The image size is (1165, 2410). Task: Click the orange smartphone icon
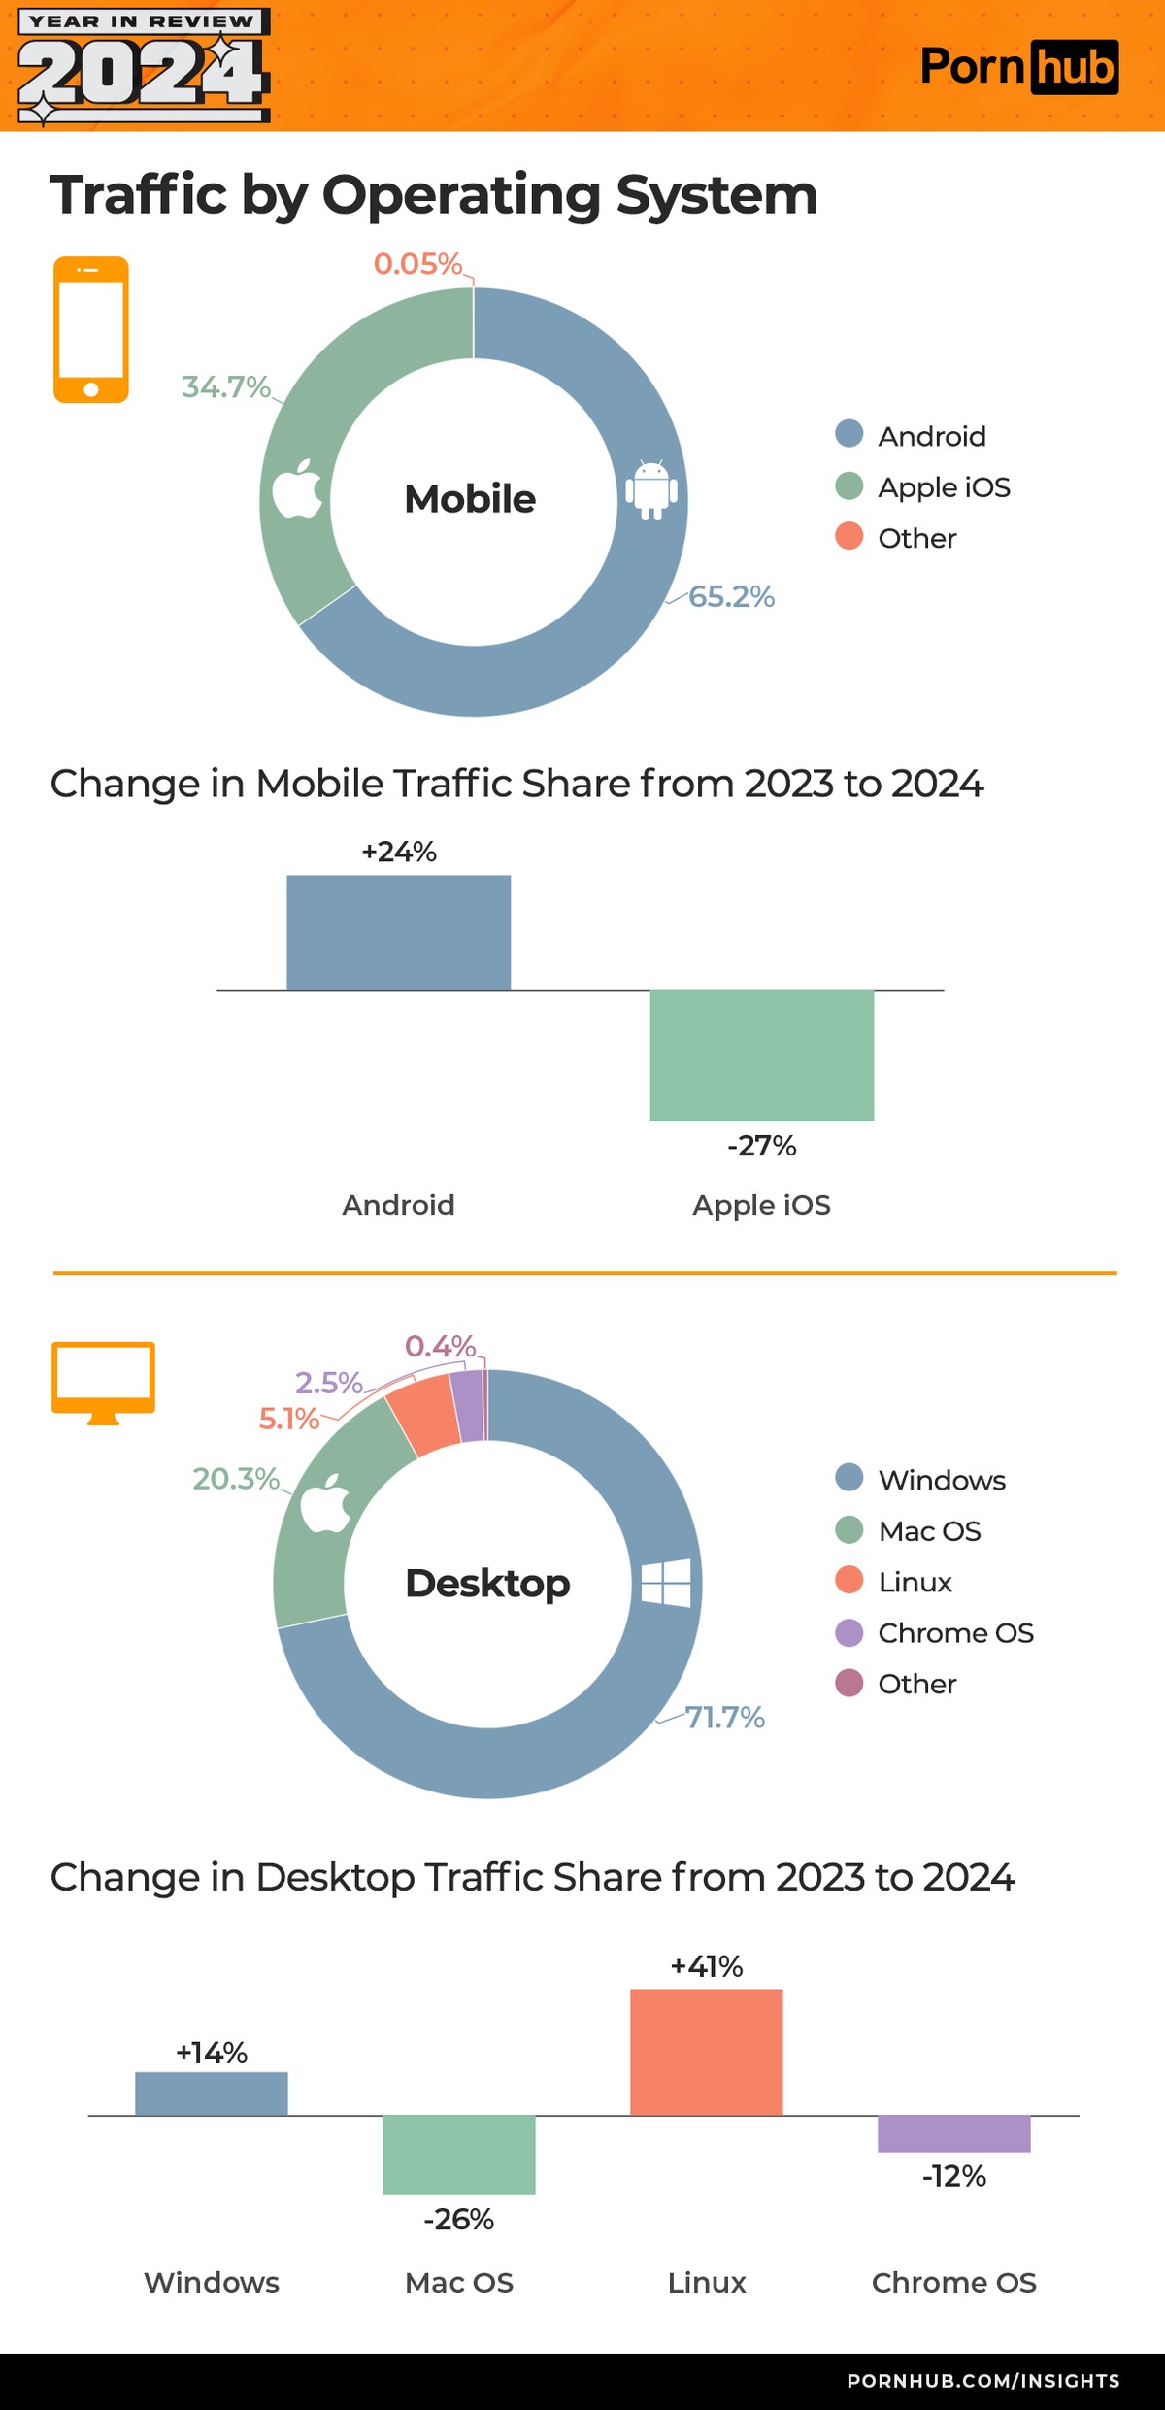(x=90, y=329)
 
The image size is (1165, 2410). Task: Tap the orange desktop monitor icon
(x=103, y=1381)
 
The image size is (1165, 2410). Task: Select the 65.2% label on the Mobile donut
(x=730, y=596)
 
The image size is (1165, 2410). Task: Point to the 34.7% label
(x=226, y=386)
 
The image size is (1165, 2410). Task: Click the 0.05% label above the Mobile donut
(x=417, y=264)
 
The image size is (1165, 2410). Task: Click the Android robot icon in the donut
(x=650, y=490)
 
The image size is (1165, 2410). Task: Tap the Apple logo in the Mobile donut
(x=297, y=490)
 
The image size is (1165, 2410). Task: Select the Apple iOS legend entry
(x=922, y=486)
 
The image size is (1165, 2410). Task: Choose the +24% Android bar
(x=398, y=932)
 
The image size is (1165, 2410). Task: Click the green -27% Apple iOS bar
(x=761, y=1054)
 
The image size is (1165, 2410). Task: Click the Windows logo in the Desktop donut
(x=666, y=1583)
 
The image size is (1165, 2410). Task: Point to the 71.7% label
(x=724, y=1717)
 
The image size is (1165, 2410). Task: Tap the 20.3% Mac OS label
(x=236, y=1478)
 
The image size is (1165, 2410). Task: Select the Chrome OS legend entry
(x=935, y=1632)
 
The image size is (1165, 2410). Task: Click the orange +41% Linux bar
(x=706, y=2051)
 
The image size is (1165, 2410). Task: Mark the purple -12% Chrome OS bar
(x=953, y=2132)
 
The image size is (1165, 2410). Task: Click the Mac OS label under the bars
(x=458, y=2282)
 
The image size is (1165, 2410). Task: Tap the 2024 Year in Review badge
(x=144, y=66)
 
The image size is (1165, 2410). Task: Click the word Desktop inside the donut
(x=487, y=1583)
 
